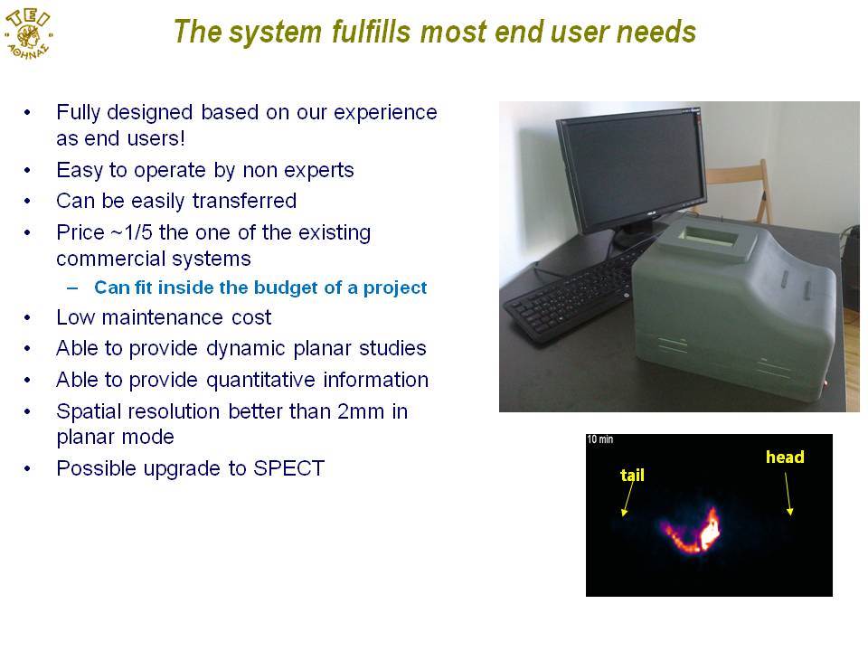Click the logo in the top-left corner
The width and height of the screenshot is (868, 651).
pos(28,33)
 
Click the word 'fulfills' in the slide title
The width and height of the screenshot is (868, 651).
pos(371,31)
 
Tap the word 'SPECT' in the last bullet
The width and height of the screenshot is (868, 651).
pos(288,468)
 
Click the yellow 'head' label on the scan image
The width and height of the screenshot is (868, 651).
pos(785,458)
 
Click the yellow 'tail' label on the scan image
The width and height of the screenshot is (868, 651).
pos(632,475)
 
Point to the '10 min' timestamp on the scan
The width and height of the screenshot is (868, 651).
pos(600,439)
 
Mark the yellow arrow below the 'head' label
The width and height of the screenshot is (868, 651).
pos(788,495)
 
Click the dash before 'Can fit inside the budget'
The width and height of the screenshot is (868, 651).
pos(72,288)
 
